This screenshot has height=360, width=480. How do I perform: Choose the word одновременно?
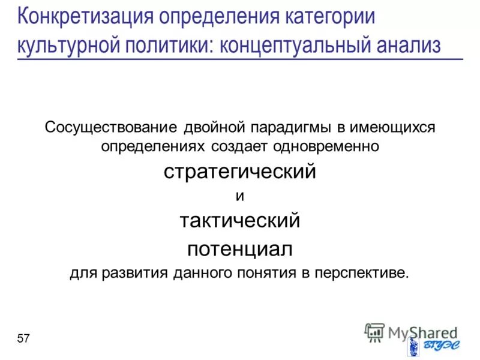pyautogui.click(x=328, y=146)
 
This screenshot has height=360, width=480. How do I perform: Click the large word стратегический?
pyautogui.click(x=240, y=172)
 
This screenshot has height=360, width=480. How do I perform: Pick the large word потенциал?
pyautogui.click(x=240, y=247)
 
